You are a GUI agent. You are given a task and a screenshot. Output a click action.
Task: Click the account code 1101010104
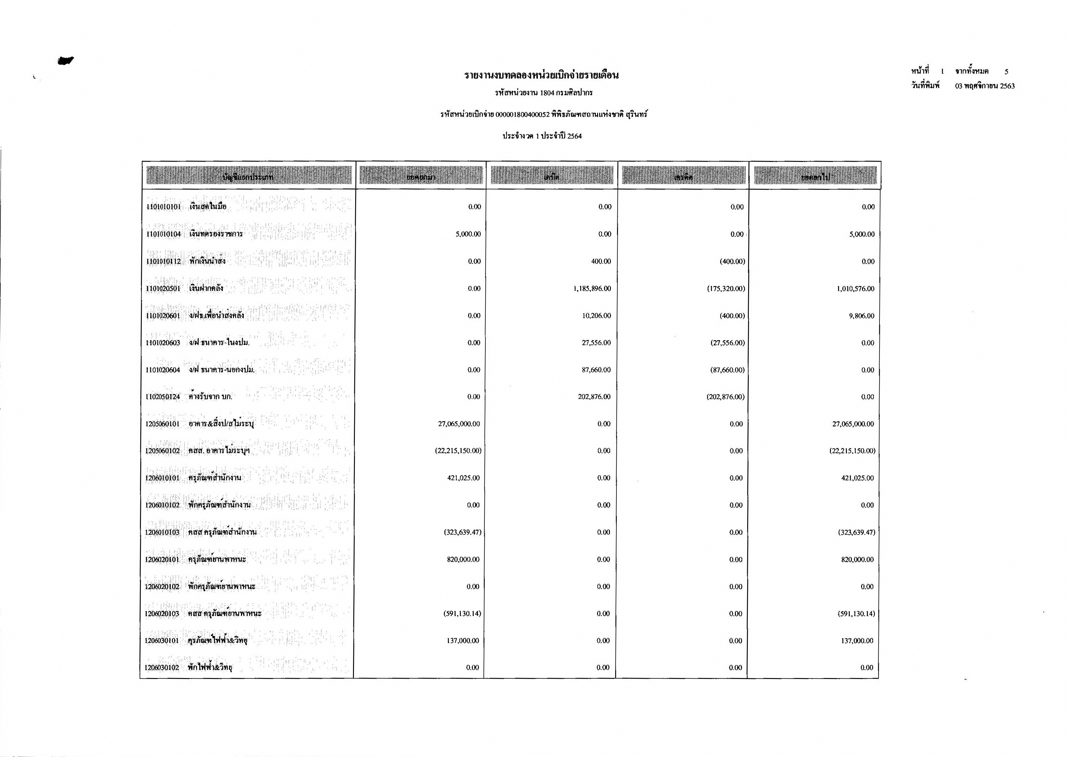tap(163, 234)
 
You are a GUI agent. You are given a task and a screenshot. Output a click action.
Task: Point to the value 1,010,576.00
tap(855, 288)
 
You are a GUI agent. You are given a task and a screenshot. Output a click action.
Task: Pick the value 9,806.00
tap(862, 316)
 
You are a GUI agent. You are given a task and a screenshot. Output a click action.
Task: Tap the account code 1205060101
tap(162, 424)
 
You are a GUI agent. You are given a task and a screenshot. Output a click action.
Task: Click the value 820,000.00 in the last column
tap(857, 559)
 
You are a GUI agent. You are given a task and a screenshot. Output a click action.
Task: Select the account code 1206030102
tap(161, 668)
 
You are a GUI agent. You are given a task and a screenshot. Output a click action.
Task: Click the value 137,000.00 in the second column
tap(463, 641)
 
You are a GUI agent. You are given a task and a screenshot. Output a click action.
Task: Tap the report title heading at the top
tap(542, 75)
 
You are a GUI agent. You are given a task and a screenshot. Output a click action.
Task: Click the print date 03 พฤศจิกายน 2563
tap(985, 86)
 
